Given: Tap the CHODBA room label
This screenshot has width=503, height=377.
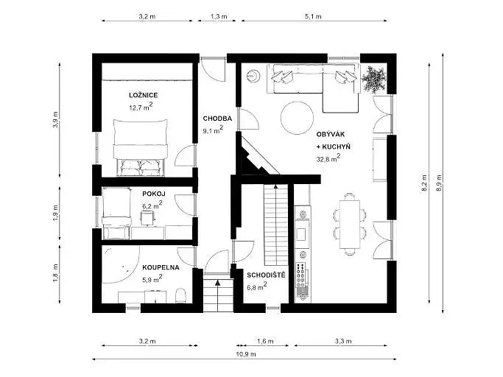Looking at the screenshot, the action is [x=217, y=119].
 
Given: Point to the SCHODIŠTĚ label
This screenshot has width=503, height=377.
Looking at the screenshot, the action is [x=266, y=275].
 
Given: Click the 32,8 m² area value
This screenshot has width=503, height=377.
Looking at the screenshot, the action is [x=328, y=158].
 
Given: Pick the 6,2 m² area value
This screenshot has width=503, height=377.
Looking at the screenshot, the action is [x=152, y=205].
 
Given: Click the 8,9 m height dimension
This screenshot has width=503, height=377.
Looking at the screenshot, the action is [x=439, y=183].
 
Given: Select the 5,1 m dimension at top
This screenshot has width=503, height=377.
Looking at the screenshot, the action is [x=313, y=16].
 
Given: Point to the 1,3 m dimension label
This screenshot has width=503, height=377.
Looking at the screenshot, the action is [x=219, y=16].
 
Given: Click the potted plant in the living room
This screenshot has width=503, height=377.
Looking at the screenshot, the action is [x=373, y=79].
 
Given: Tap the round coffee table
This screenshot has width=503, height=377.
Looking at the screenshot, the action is [x=297, y=118].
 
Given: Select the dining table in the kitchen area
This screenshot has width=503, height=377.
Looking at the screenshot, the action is [x=350, y=224].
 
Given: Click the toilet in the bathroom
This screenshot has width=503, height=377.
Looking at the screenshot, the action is [x=181, y=295].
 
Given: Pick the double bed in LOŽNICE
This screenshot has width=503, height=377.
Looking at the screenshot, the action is [x=141, y=147].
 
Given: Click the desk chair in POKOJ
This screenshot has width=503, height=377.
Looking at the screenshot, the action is [x=148, y=218].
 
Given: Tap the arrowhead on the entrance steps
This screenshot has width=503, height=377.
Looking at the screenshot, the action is [x=218, y=283].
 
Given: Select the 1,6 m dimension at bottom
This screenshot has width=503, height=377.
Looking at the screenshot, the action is [x=265, y=342].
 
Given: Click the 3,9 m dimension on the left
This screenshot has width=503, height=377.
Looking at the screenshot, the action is [x=56, y=120].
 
